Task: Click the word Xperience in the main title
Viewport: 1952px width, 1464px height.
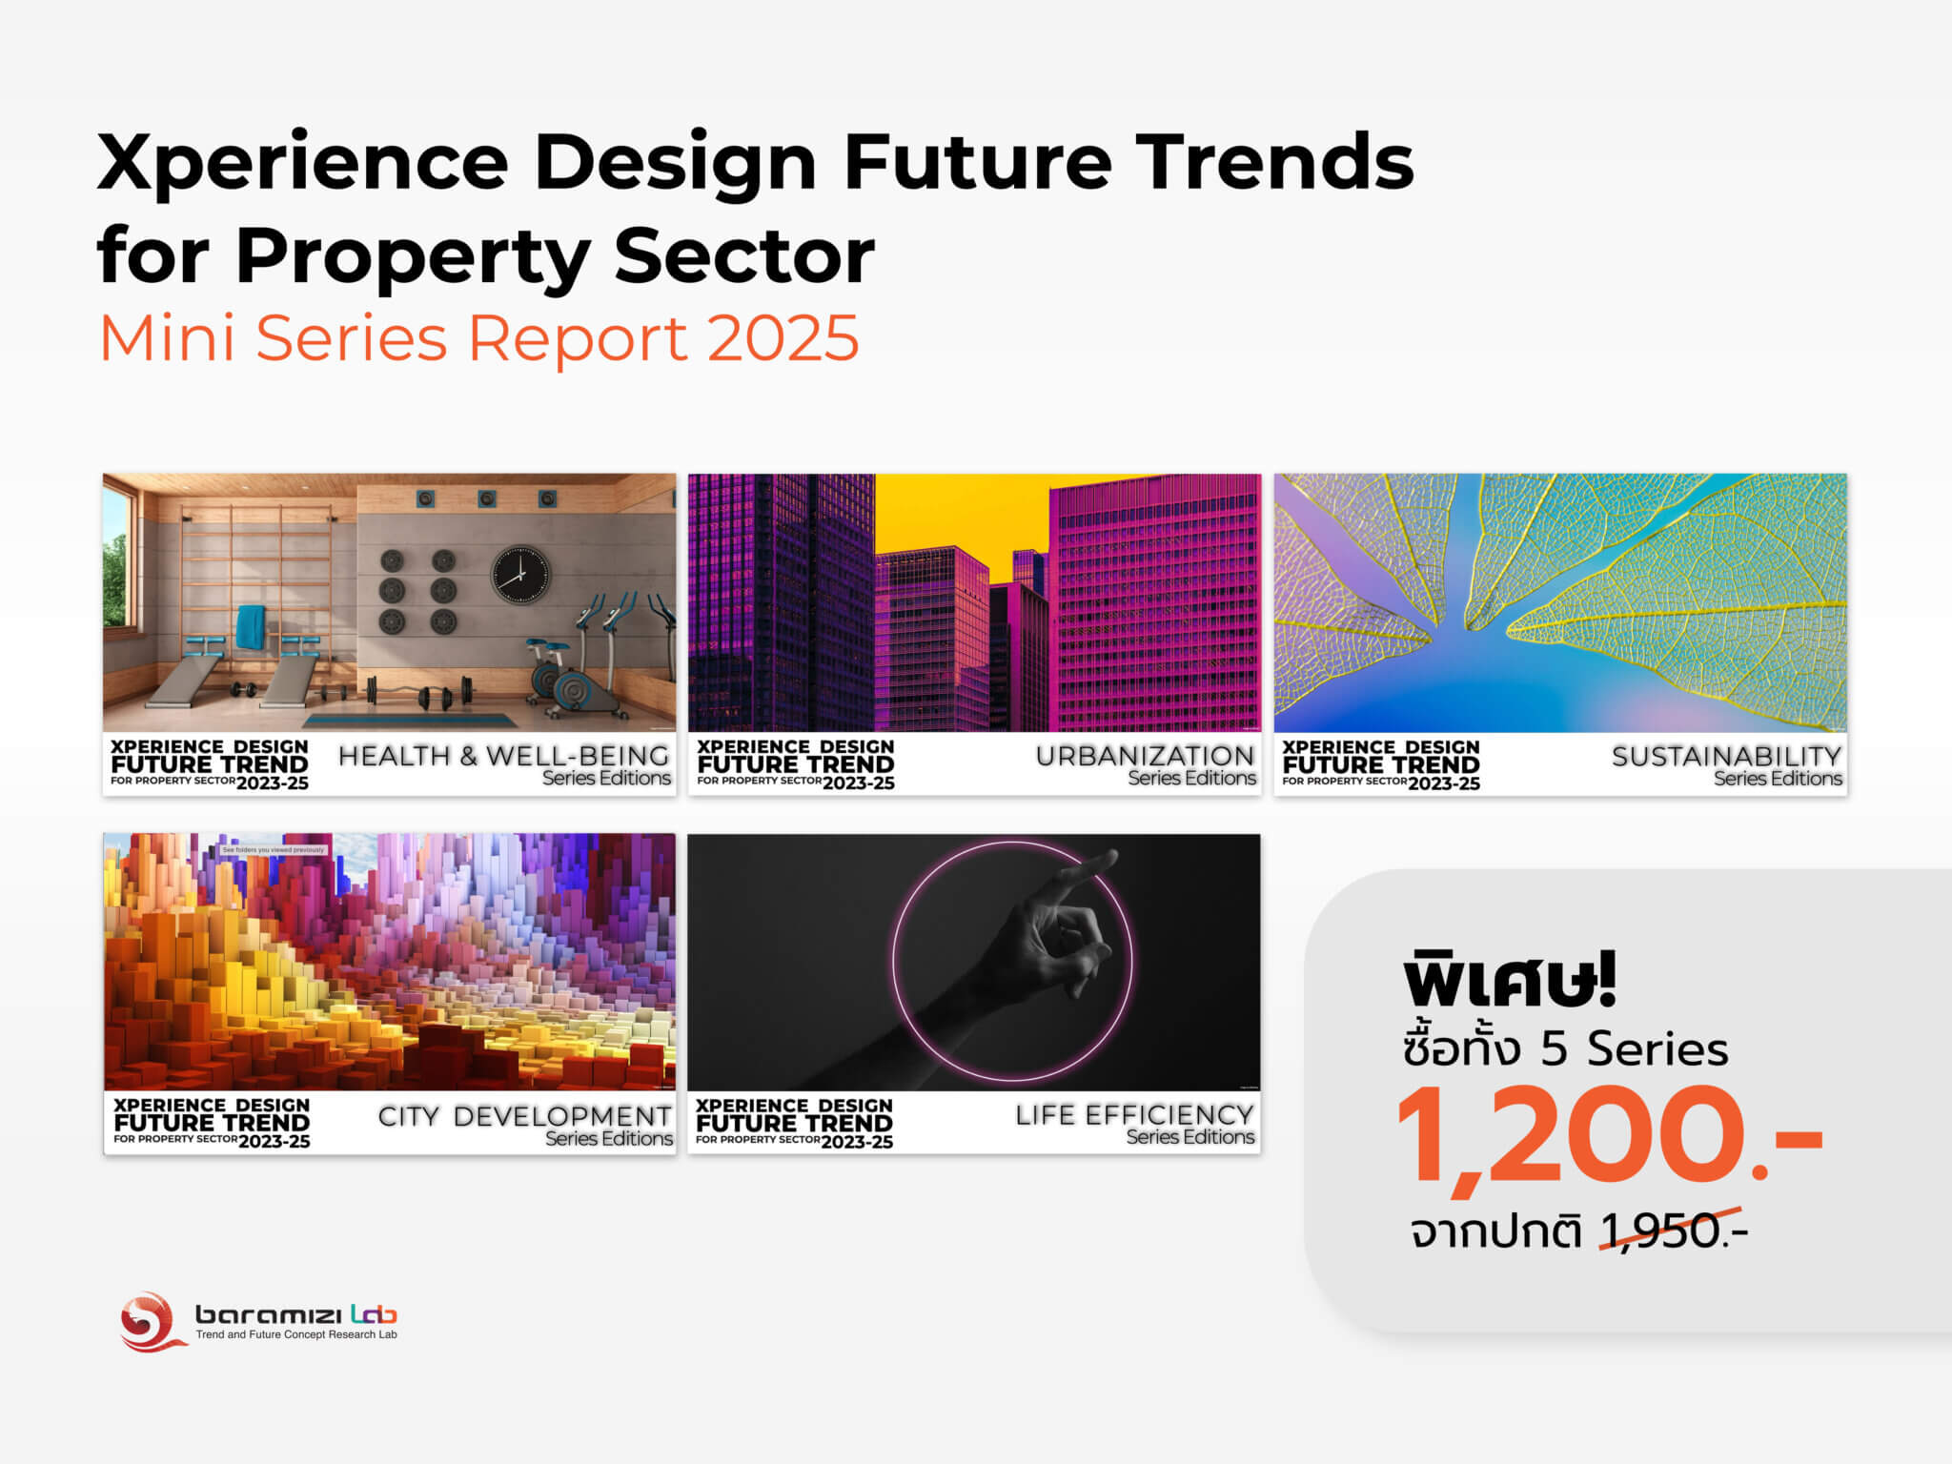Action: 303,162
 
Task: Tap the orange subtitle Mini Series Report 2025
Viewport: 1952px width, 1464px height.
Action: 479,338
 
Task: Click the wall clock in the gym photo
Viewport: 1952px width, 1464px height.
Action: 520,575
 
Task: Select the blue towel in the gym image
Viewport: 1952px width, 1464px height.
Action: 251,627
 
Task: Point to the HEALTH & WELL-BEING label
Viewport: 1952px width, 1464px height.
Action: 503,756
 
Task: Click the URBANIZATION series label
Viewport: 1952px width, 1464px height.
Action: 1145,756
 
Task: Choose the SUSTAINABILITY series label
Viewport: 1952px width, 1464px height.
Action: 1726,757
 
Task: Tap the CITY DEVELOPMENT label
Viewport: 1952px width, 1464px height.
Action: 524,1116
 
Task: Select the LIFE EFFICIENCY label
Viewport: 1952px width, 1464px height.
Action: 1134,1115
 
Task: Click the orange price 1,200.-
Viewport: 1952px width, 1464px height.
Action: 1608,1137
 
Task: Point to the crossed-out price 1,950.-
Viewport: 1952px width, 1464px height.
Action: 1673,1230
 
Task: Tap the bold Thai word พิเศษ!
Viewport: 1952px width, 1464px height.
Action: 1510,981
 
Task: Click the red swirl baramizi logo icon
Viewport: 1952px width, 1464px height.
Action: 150,1321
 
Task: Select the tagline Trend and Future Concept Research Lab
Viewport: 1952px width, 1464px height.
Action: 296,1334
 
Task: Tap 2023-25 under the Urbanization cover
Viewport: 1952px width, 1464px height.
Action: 858,783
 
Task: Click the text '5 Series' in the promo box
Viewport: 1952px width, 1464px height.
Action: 1634,1048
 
